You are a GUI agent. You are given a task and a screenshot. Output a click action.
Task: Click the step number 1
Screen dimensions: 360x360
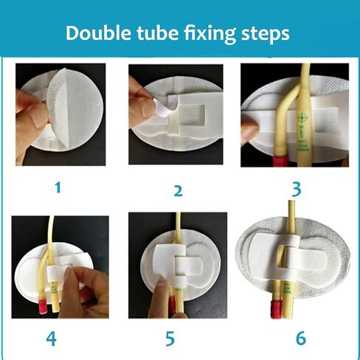[x=58, y=187]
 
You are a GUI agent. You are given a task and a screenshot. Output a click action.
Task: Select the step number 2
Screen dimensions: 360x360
[x=177, y=191]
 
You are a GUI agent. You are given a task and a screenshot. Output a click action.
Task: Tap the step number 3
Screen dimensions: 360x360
[x=296, y=188]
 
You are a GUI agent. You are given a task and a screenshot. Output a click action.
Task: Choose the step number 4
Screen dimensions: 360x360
[x=51, y=338]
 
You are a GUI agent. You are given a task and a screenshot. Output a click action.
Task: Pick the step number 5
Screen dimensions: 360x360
[x=170, y=339]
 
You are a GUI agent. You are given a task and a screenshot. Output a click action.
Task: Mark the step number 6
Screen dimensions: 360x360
[x=300, y=338]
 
